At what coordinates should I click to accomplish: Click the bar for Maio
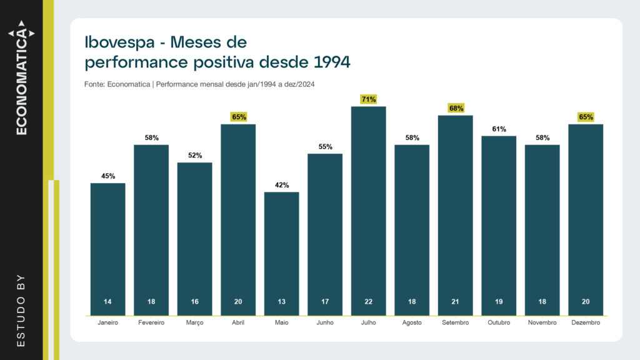point(281,250)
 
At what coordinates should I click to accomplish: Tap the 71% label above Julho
point(368,99)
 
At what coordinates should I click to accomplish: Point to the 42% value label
point(281,185)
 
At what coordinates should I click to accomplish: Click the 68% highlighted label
point(455,108)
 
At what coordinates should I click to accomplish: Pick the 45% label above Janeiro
point(107,176)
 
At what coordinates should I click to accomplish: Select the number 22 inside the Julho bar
point(368,302)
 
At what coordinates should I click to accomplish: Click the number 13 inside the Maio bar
point(281,302)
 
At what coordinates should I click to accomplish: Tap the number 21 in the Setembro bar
point(455,302)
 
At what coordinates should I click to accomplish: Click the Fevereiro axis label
point(151,322)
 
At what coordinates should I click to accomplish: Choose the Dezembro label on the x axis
point(586,322)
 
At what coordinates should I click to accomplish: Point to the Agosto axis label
point(412,322)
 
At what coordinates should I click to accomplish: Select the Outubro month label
point(499,322)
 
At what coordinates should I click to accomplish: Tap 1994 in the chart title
point(329,62)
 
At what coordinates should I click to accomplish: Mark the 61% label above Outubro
point(499,129)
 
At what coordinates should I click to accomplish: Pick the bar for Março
point(194,237)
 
